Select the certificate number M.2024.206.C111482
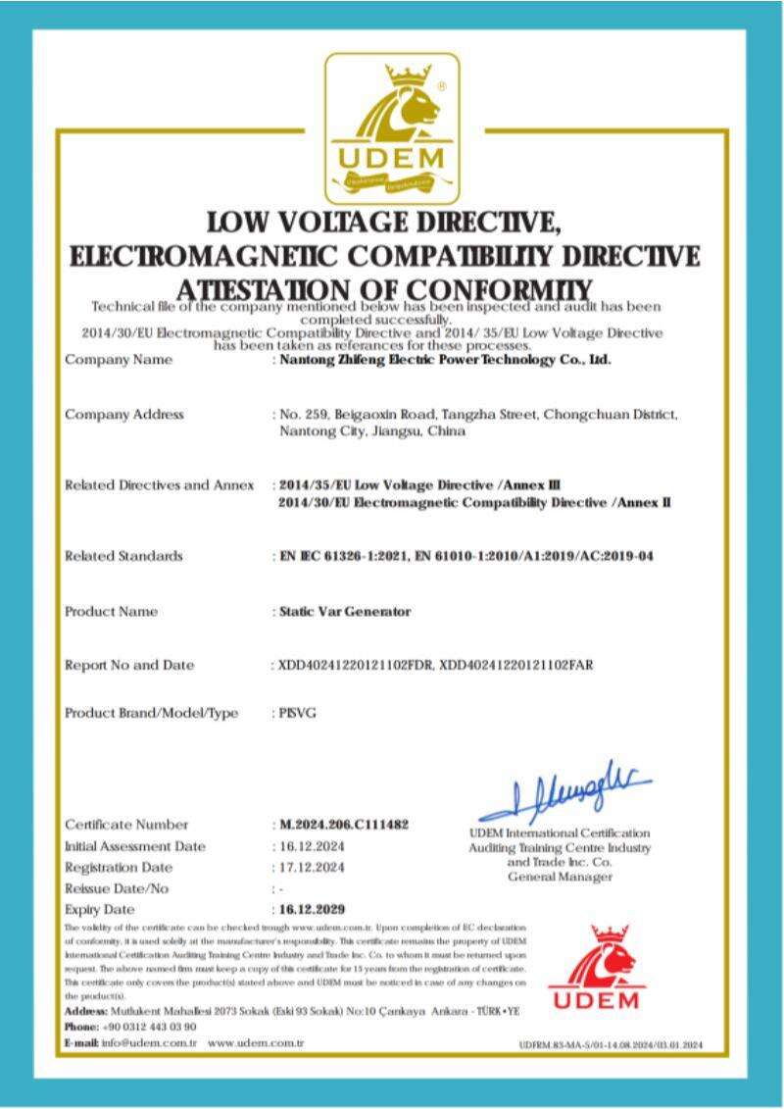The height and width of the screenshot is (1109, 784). [339, 825]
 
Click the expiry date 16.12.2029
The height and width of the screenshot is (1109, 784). [312, 909]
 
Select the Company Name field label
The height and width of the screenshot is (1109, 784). [119, 360]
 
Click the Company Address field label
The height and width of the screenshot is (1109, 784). [124, 414]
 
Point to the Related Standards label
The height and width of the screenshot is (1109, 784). [123, 556]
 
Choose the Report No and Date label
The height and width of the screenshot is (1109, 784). [129, 665]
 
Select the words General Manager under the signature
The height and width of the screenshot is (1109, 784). [560, 877]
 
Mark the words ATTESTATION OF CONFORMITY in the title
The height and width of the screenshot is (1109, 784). [385, 289]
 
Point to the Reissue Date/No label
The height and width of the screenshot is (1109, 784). [117, 888]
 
